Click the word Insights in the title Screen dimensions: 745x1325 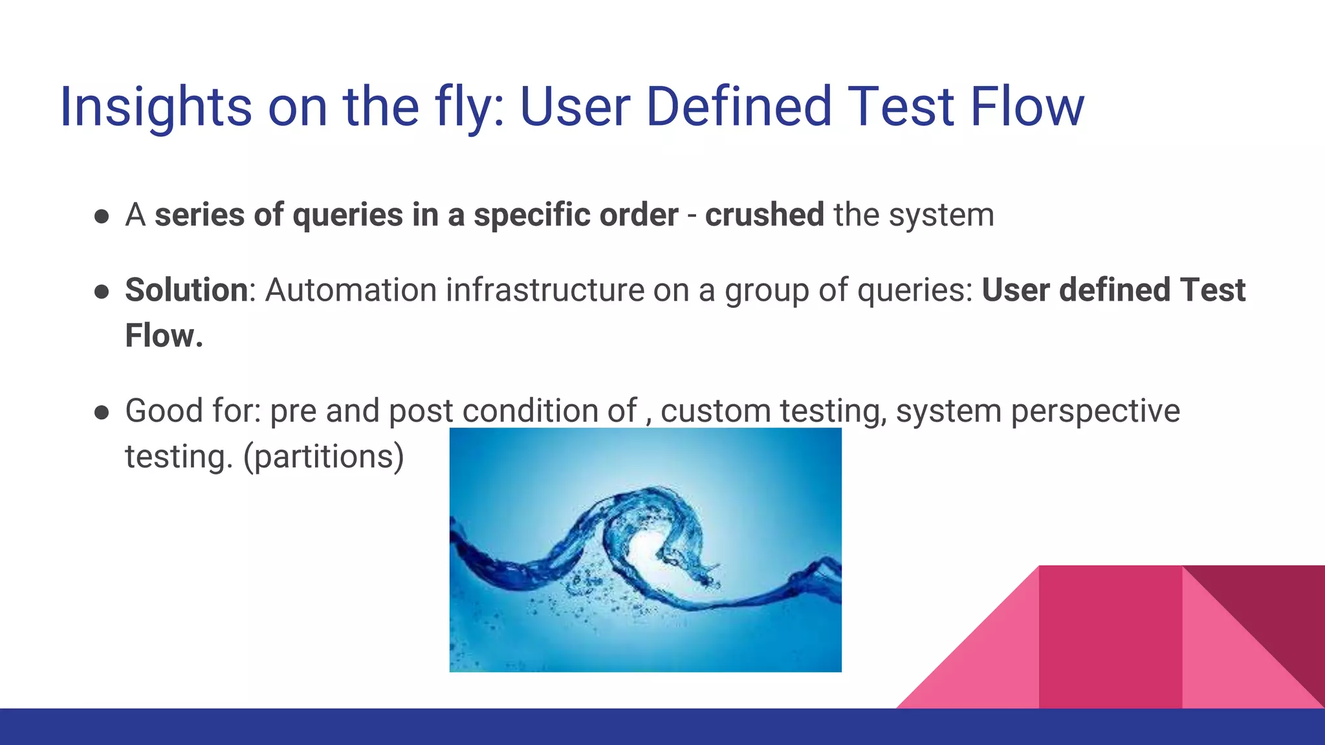(x=155, y=107)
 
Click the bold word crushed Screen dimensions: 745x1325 (x=764, y=215)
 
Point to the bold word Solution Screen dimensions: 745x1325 (x=186, y=290)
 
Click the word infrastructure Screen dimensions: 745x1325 (x=545, y=290)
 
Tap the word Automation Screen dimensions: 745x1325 (x=351, y=290)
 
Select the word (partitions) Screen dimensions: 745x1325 (x=323, y=457)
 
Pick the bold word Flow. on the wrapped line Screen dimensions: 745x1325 (x=164, y=336)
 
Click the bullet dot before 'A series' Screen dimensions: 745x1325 (x=101, y=216)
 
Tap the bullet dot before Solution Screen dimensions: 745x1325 (x=101, y=291)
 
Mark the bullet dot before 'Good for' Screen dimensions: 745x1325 (x=101, y=413)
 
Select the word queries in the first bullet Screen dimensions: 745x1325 (x=348, y=215)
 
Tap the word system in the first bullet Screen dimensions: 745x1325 (x=941, y=215)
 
